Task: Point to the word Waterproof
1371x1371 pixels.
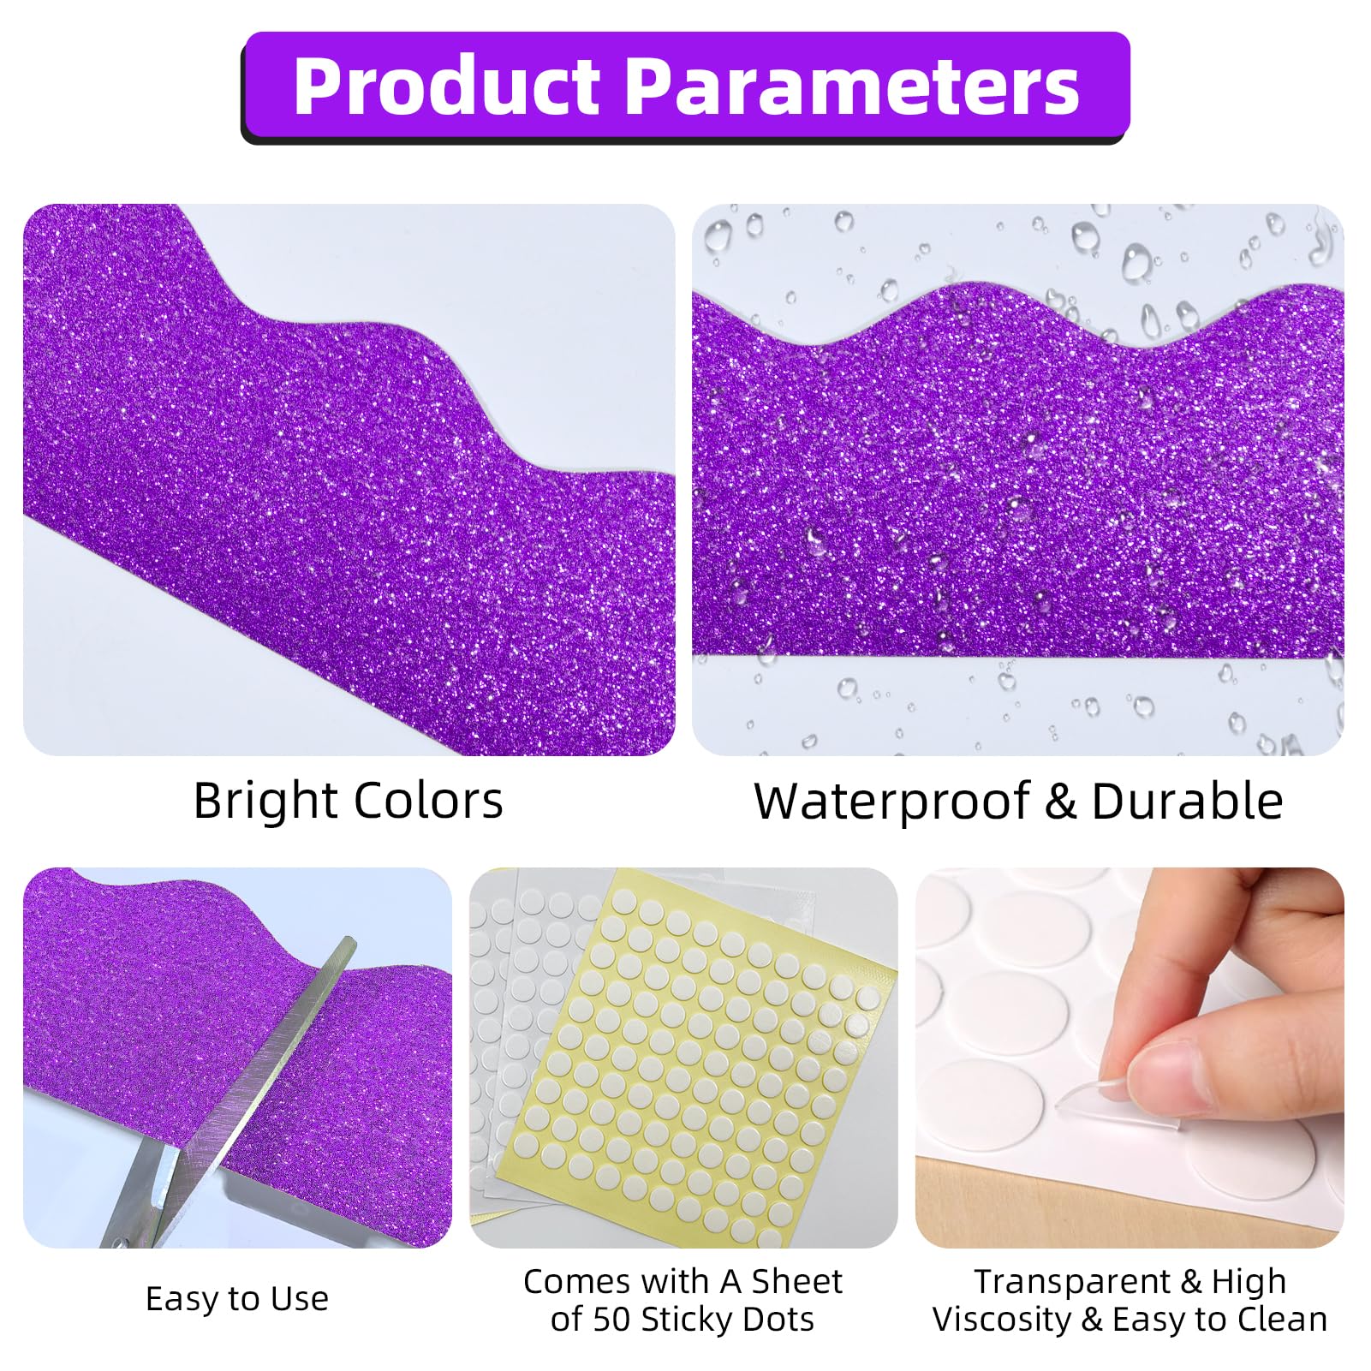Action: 891,802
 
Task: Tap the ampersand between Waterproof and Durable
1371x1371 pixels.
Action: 1059,802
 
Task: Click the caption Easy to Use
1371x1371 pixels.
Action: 237,1299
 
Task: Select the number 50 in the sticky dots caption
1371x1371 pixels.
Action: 611,1320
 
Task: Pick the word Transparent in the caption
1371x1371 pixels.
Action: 1071,1282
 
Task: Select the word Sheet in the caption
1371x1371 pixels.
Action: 796,1282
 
